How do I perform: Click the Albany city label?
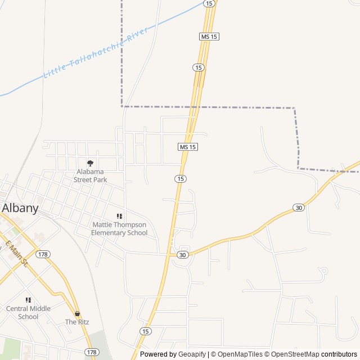pos(20,208)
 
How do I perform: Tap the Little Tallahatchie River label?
pos(96,49)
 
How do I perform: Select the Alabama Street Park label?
pos(90,175)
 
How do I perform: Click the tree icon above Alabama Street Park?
pos(90,163)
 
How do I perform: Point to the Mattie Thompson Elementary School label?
pos(119,228)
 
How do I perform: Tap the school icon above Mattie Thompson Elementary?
pos(119,216)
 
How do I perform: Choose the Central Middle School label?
pos(28,312)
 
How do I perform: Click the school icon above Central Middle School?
pos(28,300)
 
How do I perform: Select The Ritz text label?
pos(76,322)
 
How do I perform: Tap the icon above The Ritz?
pos(77,313)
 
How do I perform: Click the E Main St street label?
pos(17,254)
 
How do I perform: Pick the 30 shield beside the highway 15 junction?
pos(182,255)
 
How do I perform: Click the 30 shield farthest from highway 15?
pos(298,208)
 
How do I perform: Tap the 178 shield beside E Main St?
pos(43,254)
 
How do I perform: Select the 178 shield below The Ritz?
pos(92,352)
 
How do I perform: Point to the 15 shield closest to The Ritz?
pos(146,331)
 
